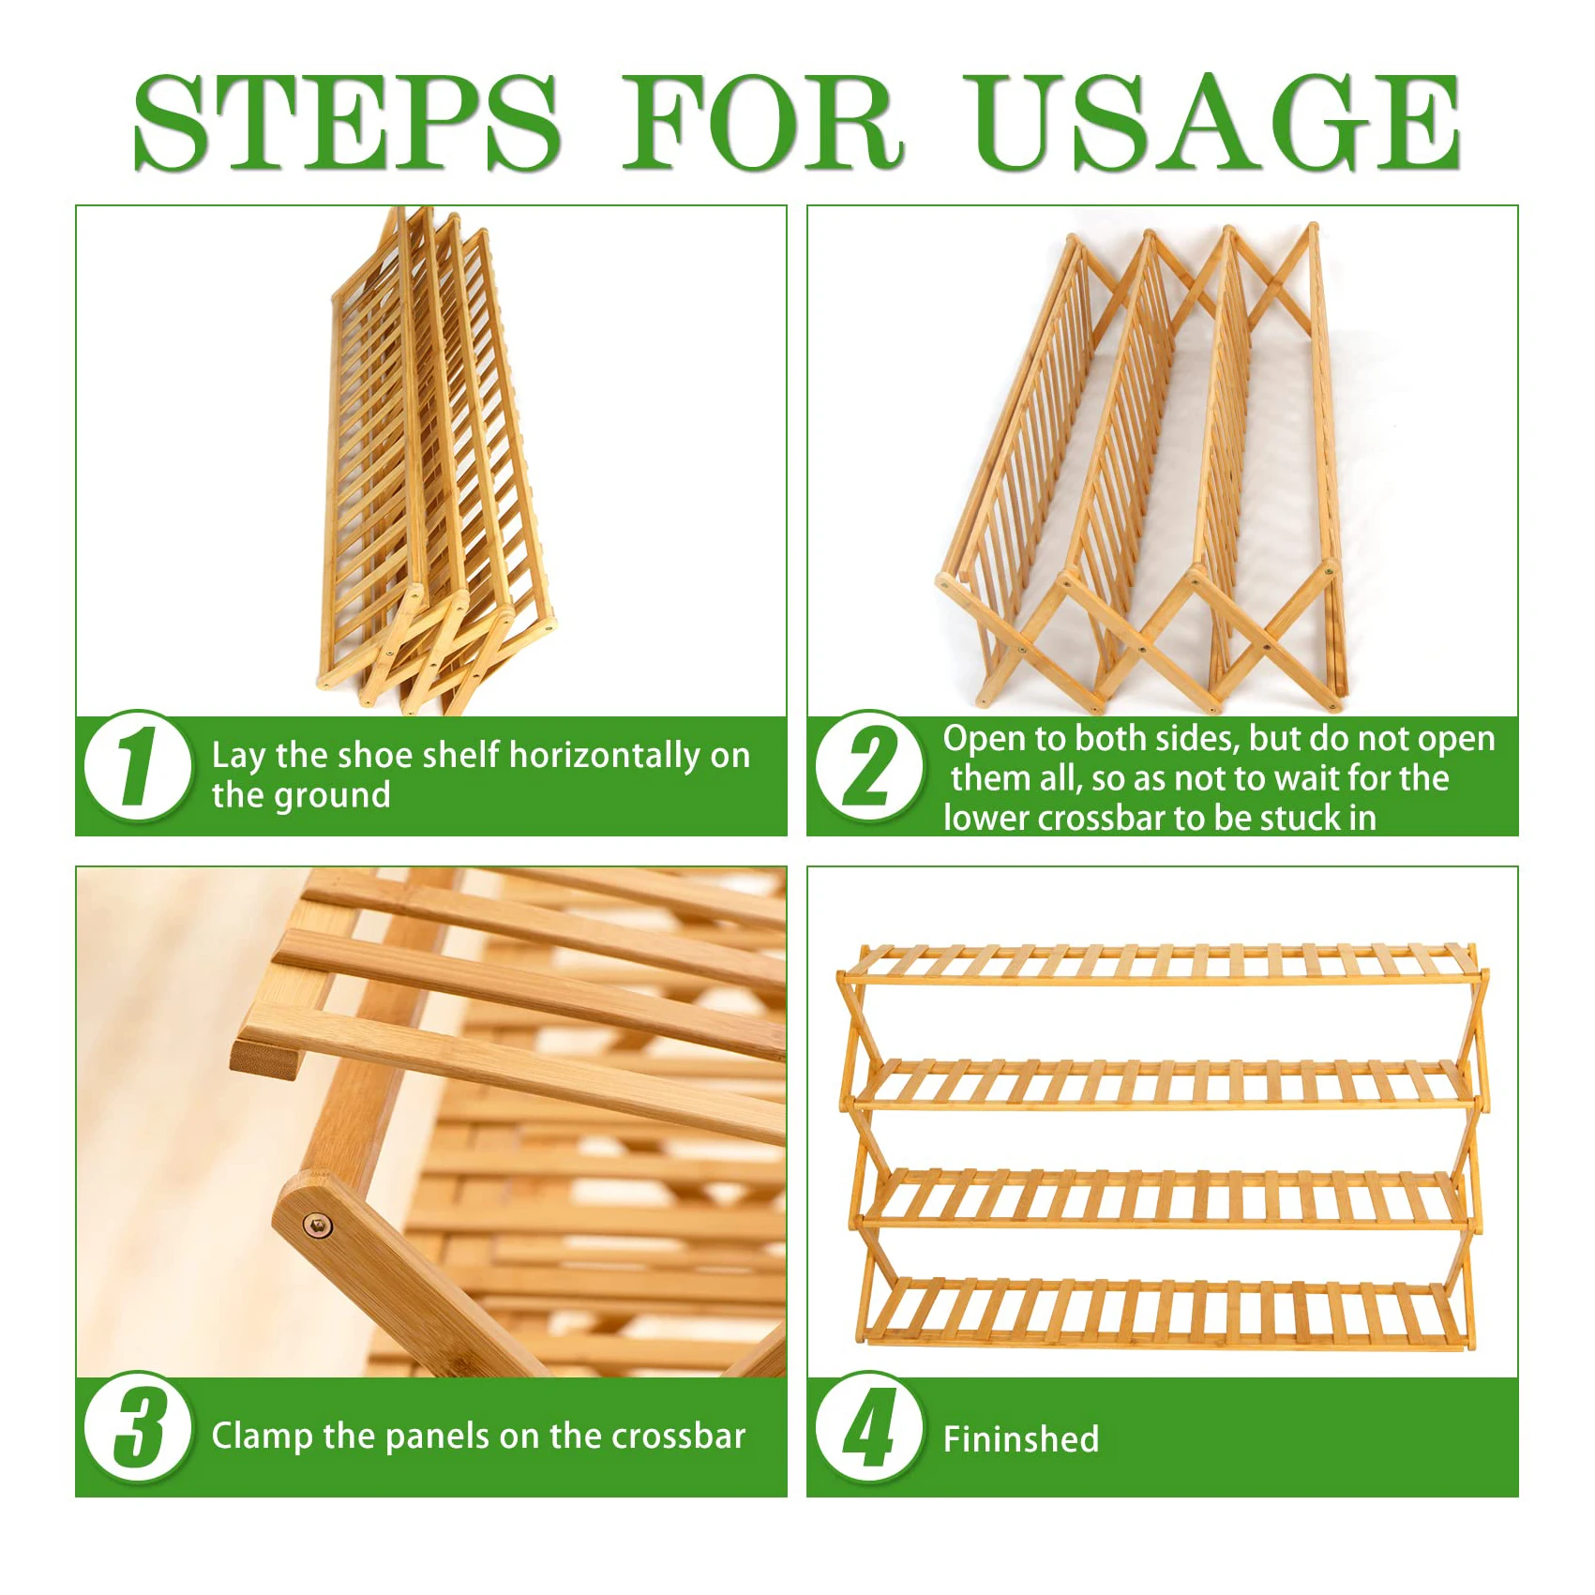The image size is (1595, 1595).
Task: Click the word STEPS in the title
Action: [347, 123]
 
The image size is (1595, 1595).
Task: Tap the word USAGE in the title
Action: [1213, 123]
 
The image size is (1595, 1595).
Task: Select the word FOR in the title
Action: [763, 123]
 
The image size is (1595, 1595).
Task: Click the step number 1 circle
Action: [138, 766]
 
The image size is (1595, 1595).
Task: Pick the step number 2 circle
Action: [869, 766]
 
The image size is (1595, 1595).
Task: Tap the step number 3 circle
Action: [138, 1427]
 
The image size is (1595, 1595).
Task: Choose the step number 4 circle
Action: [869, 1427]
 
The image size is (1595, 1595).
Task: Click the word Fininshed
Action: [1021, 1438]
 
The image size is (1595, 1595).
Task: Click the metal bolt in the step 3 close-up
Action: [318, 1225]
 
